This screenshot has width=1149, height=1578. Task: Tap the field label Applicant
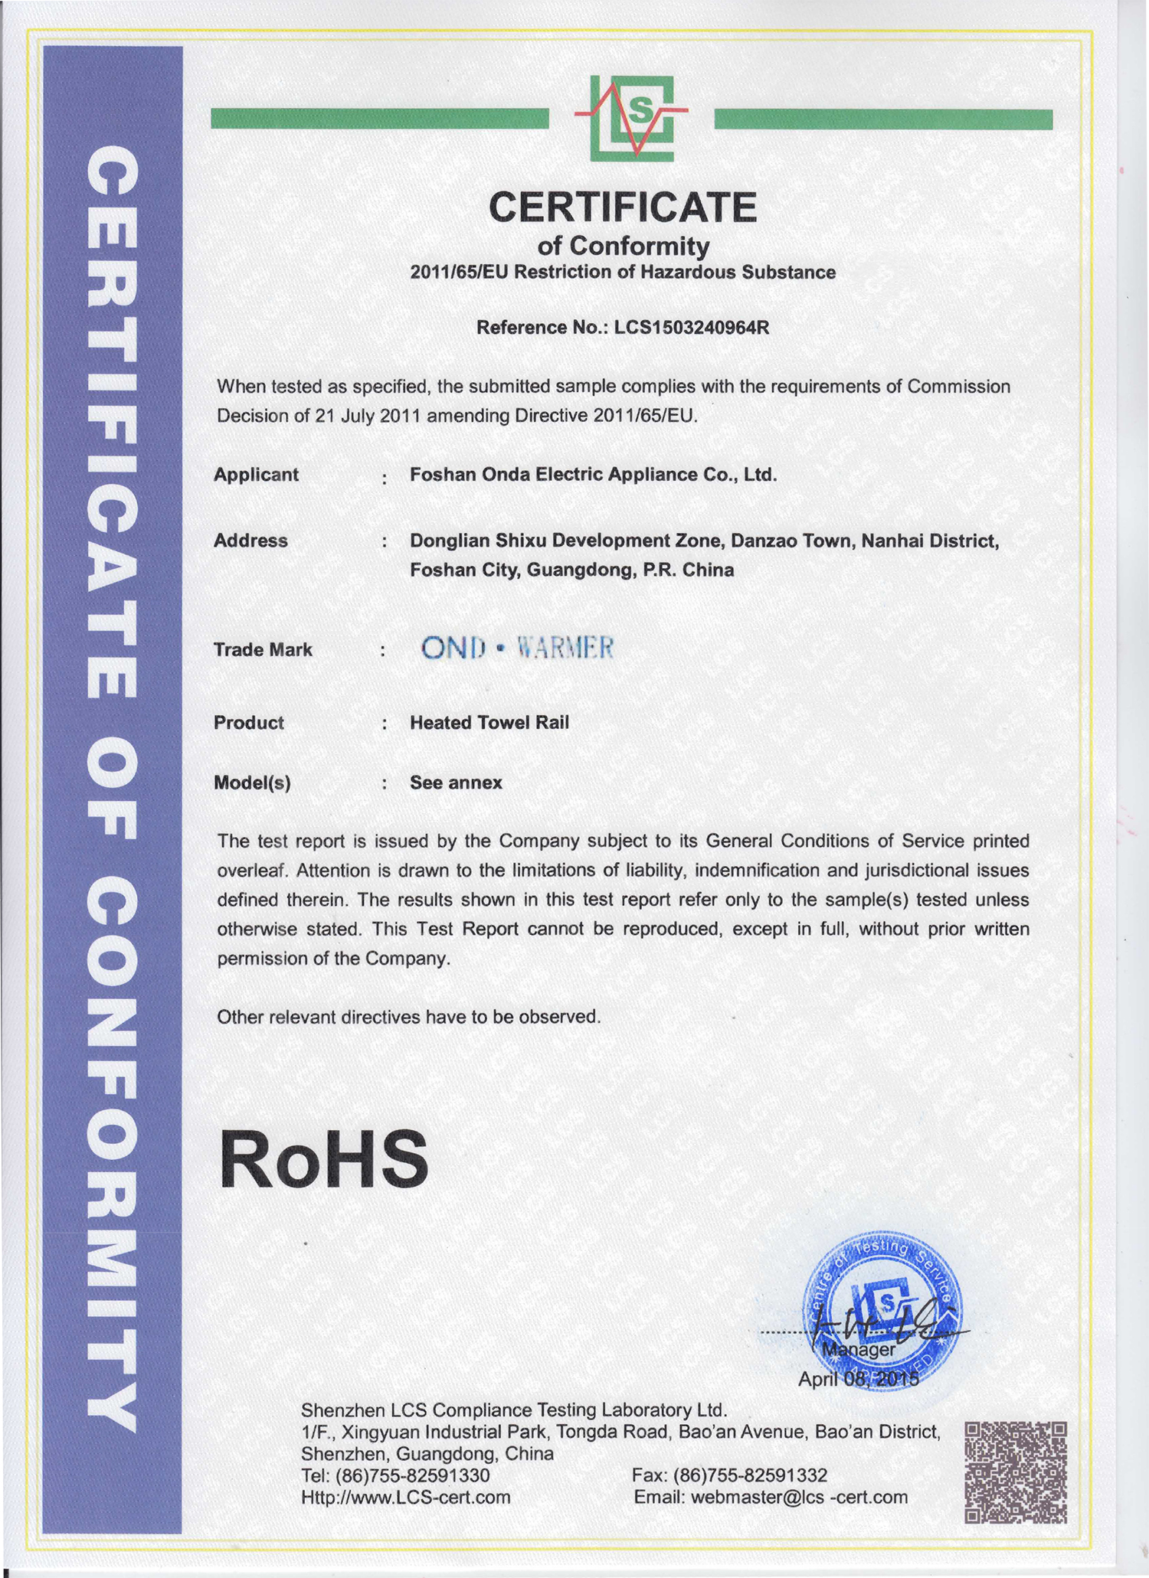coord(256,475)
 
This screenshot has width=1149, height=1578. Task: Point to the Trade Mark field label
coord(263,650)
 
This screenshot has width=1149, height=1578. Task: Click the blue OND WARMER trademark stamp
coord(518,649)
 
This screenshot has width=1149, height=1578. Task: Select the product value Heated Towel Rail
coord(489,723)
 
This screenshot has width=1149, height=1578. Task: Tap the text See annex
coord(456,782)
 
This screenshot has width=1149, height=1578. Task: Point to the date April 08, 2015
coord(858,1379)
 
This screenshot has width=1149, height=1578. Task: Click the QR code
coord(1015,1471)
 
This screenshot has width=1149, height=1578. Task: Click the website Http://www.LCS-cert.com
coord(406,1497)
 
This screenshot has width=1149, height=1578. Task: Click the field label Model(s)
coord(252,782)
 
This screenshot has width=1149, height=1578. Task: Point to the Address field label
coord(250,541)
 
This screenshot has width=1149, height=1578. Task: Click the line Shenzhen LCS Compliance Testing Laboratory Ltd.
coord(513,1410)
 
